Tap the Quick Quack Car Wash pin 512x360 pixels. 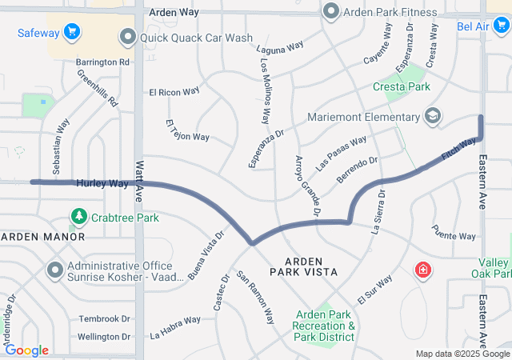[x=127, y=37]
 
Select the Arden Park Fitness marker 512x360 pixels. [x=331, y=12]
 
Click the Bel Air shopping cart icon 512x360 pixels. [x=501, y=26]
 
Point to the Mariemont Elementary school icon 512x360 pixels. [x=433, y=117]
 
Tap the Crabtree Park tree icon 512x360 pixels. [x=78, y=217]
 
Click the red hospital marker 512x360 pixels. [x=422, y=272]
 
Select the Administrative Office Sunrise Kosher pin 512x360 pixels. [x=55, y=270]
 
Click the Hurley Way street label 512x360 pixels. [x=102, y=183]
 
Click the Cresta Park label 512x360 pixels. [x=402, y=86]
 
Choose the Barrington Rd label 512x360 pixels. [x=102, y=62]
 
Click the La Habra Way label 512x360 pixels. [x=176, y=325]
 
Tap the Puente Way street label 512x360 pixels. [x=454, y=236]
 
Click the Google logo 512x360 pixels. [x=26, y=350]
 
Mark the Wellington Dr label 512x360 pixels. [x=104, y=337]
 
